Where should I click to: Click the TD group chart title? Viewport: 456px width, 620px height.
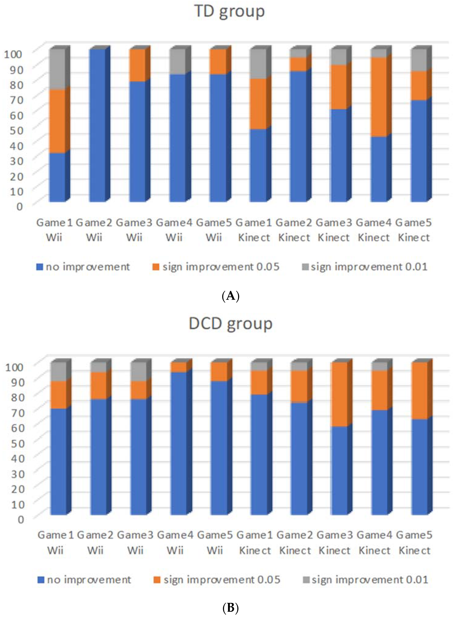pyautogui.click(x=229, y=12)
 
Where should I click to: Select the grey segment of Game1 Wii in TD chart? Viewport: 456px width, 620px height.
pyautogui.click(x=57, y=69)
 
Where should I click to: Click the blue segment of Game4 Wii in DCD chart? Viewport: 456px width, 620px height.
pyautogui.click(x=179, y=442)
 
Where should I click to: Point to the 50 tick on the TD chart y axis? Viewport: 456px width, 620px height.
pyautogui.click(x=16, y=130)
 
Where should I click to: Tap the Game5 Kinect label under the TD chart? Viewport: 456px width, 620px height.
pyautogui.click(x=414, y=230)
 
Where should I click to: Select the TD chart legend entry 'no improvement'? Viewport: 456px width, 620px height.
pyautogui.click(x=83, y=267)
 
